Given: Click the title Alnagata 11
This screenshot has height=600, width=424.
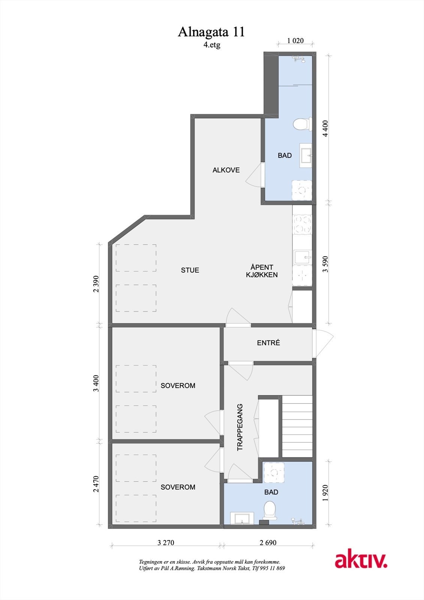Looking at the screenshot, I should pyautogui.click(x=211, y=32).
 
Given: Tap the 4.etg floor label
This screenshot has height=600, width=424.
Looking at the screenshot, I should pyautogui.click(x=212, y=45).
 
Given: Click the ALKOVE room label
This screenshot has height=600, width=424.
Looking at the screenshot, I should pyautogui.click(x=226, y=170).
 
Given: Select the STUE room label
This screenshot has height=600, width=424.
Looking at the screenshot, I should pyautogui.click(x=190, y=270).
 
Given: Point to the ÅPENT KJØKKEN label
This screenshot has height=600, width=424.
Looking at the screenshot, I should pyautogui.click(x=262, y=271).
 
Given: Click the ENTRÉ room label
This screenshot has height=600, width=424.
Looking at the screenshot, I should pyautogui.click(x=268, y=343).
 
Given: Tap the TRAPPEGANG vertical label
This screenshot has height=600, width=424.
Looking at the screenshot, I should pyautogui.click(x=240, y=427).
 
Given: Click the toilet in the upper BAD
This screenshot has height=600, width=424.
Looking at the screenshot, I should pyautogui.click(x=302, y=124).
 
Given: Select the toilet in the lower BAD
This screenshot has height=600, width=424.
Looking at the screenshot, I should pyautogui.click(x=270, y=510).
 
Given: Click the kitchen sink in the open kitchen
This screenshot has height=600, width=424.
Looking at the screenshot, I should pyautogui.click(x=303, y=258).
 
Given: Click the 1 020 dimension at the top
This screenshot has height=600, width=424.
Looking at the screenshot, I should pyautogui.click(x=295, y=40).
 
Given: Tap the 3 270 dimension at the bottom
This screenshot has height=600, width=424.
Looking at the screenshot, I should pyautogui.click(x=166, y=543).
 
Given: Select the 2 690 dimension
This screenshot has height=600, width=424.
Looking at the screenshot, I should pyautogui.click(x=268, y=543).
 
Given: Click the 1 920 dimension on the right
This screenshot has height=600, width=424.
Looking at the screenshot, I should pyautogui.click(x=325, y=493).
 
